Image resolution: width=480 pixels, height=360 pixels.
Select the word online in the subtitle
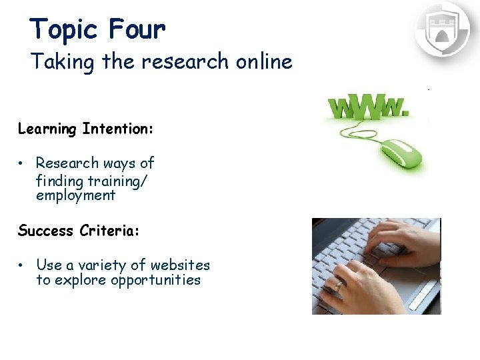(264, 62)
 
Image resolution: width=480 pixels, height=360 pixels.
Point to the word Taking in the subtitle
(65, 63)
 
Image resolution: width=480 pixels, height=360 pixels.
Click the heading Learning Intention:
(86, 129)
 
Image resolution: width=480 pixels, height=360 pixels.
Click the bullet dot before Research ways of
(22, 163)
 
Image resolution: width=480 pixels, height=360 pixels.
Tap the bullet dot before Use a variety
(22, 265)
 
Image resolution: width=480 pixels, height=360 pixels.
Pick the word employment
(75, 196)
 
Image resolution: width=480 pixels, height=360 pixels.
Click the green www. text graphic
(367, 107)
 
